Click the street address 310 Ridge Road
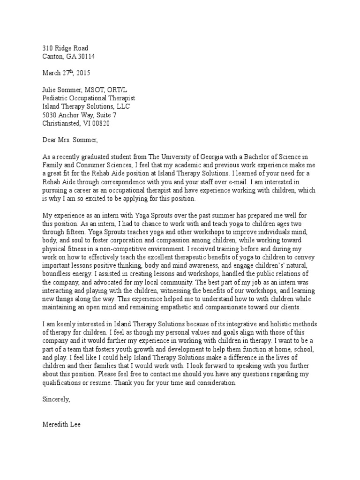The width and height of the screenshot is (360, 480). [65, 48]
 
